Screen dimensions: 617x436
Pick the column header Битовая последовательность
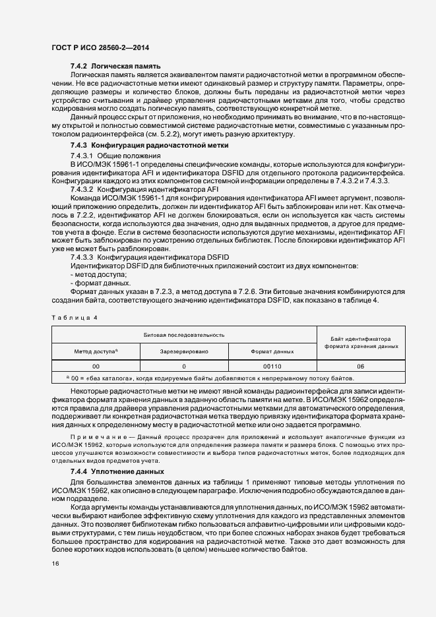[x=185, y=335]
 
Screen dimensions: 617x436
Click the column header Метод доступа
[x=96, y=352]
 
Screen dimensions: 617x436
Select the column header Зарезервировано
[x=184, y=352]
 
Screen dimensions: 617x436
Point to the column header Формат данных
[x=272, y=352]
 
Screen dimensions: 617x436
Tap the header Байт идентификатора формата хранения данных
[x=361, y=343]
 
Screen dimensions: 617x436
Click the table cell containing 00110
[x=272, y=366]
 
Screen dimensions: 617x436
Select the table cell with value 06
[x=361, y=366]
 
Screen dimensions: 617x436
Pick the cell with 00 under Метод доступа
[x=96, y=366]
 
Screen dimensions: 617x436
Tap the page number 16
[x=55, y=581]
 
